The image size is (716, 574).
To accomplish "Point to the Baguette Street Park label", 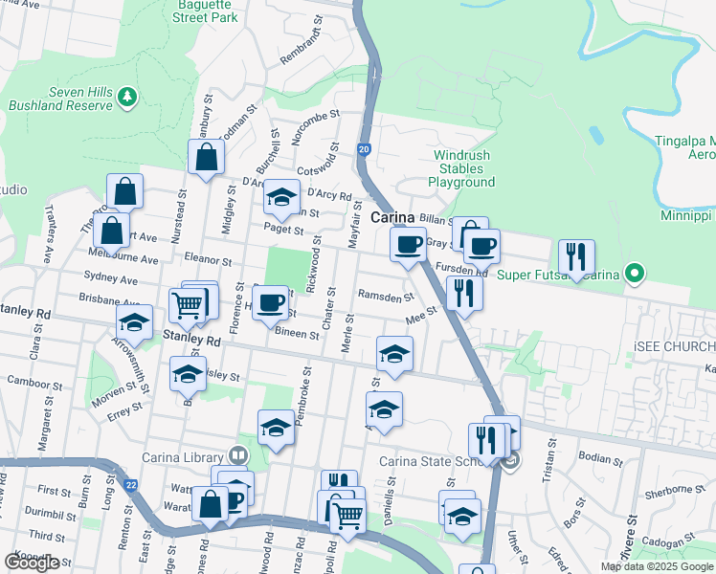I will [x=201, y=10].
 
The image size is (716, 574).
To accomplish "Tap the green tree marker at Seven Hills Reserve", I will [x=126, y=96].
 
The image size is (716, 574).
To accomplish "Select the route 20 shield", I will [x=364, y=149].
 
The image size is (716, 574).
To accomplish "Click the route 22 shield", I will [x=130, y=486].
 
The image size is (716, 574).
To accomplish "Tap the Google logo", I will [x=32, y=563].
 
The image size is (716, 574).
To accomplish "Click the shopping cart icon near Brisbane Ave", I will [x=189, y=305].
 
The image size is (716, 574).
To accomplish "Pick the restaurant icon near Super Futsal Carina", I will [x=576, y=257].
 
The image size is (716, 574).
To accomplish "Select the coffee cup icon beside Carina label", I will [x=409, y=244].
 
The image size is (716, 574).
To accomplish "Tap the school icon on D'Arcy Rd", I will [x=281, y=197].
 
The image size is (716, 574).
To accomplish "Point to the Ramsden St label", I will [x=386, y=298].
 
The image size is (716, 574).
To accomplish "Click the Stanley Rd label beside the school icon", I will [x=191, y=339].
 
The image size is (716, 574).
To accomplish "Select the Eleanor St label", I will [x=208, y=260].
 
